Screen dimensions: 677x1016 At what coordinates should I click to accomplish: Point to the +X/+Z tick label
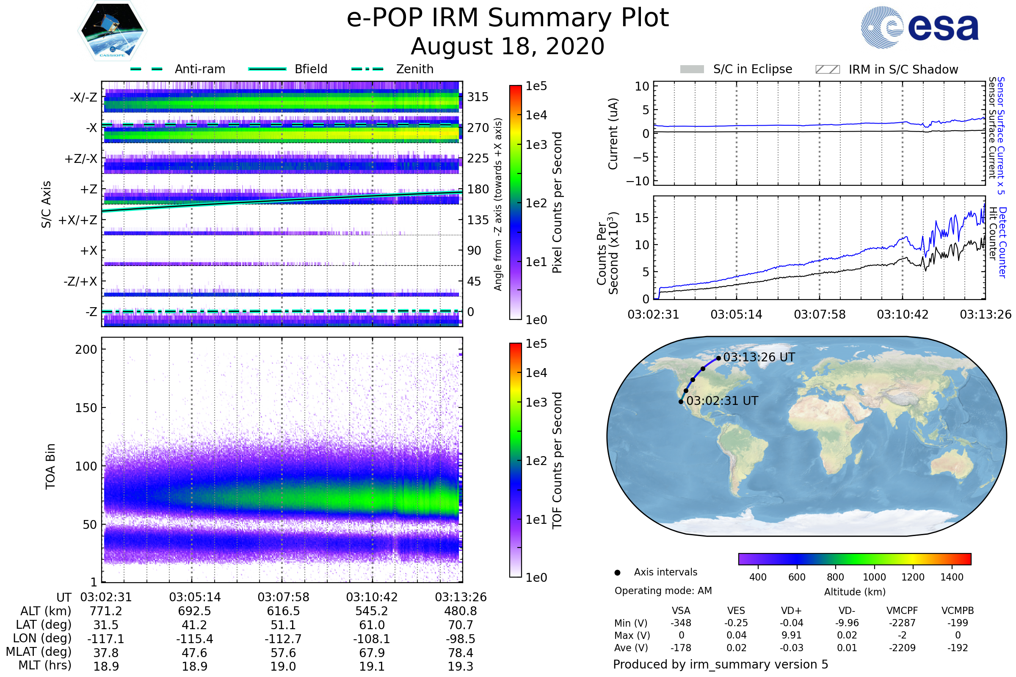[78, 220]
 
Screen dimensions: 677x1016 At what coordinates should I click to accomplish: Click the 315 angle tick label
[478, 97]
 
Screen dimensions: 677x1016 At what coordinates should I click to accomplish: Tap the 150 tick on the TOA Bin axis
[86, 408]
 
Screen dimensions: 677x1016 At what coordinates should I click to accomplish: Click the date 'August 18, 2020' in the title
[507, 46]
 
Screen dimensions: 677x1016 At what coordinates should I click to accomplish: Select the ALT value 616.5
[283, 611]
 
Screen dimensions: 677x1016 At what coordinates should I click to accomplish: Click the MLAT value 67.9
[372, 653]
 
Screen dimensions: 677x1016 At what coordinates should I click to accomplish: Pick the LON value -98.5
[461, 639]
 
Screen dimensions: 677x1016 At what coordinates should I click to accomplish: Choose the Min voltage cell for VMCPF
[902, 623]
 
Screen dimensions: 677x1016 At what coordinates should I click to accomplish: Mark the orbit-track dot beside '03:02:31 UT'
[681, 402]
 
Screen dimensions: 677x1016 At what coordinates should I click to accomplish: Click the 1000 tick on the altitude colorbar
[874, 577]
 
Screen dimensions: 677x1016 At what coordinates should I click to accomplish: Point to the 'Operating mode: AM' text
[663, 591]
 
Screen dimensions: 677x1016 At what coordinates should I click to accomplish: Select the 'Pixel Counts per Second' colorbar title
[557, 203]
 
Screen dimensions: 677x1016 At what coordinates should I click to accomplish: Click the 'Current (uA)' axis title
[613, 134]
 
